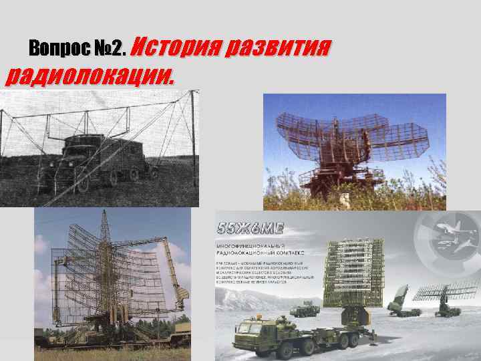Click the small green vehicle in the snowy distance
[x=305, y=308]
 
